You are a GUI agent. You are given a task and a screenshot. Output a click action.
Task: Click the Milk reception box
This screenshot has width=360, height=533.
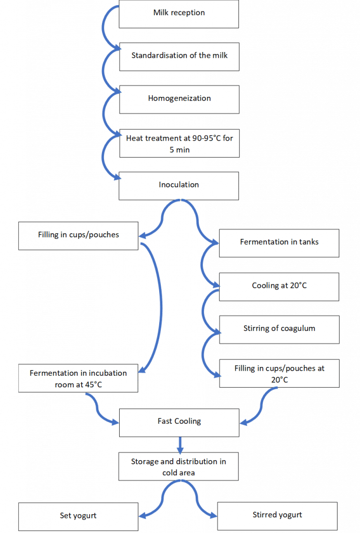click(178, 14)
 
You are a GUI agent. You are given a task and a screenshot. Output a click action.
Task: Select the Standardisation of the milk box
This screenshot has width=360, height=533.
click(179, 57)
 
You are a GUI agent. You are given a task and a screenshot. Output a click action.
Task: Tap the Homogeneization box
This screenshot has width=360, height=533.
click(179, 99)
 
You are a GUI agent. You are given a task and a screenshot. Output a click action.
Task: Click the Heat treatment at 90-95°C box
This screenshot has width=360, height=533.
click(179, 143)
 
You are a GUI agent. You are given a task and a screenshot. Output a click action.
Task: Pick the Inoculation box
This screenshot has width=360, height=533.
click(178, 186)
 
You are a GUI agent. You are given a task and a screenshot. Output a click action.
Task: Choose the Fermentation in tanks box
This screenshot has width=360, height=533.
click(279, 243)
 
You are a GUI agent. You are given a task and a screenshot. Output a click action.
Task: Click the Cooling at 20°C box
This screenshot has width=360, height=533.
click(279, 287)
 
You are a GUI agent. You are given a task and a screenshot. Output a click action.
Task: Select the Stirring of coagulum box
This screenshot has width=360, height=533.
click(279, 329)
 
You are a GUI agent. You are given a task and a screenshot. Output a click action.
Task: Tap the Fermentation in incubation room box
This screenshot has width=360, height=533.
click(78, 378)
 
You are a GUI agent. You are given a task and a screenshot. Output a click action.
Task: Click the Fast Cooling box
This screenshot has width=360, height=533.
click(179, 423)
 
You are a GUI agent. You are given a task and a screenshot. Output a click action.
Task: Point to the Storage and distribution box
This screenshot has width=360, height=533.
click(178, 466)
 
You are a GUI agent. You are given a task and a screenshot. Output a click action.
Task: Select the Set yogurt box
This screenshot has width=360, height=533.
click(78, 517)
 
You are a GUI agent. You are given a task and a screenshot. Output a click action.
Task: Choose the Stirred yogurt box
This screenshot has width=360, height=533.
click(277, 516)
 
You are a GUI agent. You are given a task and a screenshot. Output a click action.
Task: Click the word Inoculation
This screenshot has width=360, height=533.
click(178, 185)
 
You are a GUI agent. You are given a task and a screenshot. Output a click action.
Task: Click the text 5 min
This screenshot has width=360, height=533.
click(179, 149)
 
